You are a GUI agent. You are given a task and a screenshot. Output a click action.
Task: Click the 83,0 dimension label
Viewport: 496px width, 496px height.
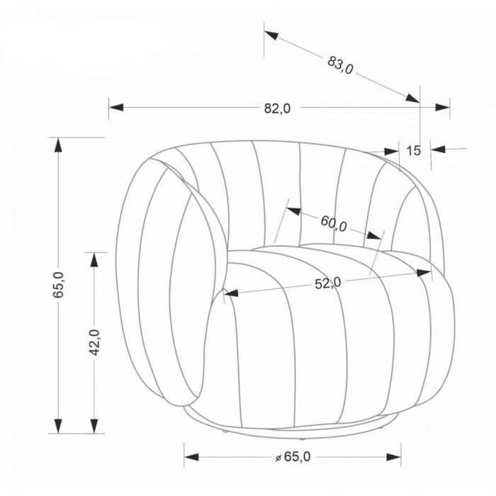(x=340, y=65)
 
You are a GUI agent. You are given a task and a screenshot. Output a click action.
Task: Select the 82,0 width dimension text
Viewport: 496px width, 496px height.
(x=277, y=108)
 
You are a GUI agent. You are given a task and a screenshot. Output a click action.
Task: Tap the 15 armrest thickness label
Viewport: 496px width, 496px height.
(x=413, y=150)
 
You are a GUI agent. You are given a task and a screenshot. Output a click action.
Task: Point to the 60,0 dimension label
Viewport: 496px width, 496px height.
(x=334, y=223)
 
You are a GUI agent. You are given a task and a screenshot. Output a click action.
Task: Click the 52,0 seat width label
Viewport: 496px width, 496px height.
(x=328, y=283)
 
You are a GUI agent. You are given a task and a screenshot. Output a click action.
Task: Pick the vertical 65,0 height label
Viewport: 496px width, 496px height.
(x=59, y=285)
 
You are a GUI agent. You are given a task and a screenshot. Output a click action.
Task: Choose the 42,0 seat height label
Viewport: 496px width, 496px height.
(x=95, y=342)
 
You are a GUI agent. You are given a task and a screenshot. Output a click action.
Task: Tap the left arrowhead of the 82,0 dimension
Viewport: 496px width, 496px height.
(x=116, y=107)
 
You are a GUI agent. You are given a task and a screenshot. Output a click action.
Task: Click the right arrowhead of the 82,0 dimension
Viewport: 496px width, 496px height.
(x=443, y=107)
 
